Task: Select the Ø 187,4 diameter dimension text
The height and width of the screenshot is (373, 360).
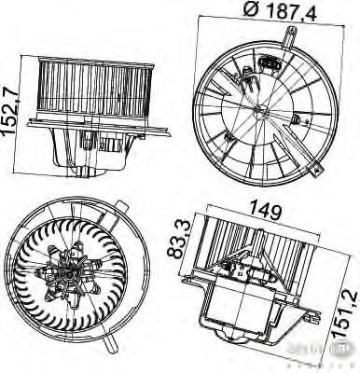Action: coord(262,12)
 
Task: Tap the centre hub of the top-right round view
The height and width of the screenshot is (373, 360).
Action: coord(260,113)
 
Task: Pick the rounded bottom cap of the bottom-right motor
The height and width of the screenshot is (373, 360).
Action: coord(244,339)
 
